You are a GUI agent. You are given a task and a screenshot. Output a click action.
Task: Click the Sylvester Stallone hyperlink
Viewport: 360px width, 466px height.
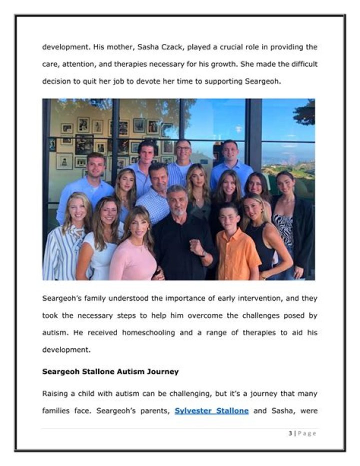pyautogui.click(x=211, y=411)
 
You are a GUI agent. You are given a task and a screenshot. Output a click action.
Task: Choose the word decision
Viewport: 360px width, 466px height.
pyautogui.click(x=57, y=82)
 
